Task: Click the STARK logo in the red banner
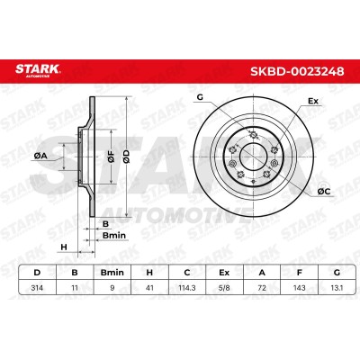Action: coord(38,70)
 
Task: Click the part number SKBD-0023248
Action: coord(297,71)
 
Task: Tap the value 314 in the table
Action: coord(37,288)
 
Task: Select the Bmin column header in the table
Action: coord(112,273)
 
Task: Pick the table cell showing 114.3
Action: coord(187,288)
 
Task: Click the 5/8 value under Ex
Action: coord(224,288)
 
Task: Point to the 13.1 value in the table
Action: coord(337,288)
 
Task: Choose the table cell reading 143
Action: coord(299,288)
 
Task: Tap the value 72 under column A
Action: coord(262,288)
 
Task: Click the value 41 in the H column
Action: coord(149,288)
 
